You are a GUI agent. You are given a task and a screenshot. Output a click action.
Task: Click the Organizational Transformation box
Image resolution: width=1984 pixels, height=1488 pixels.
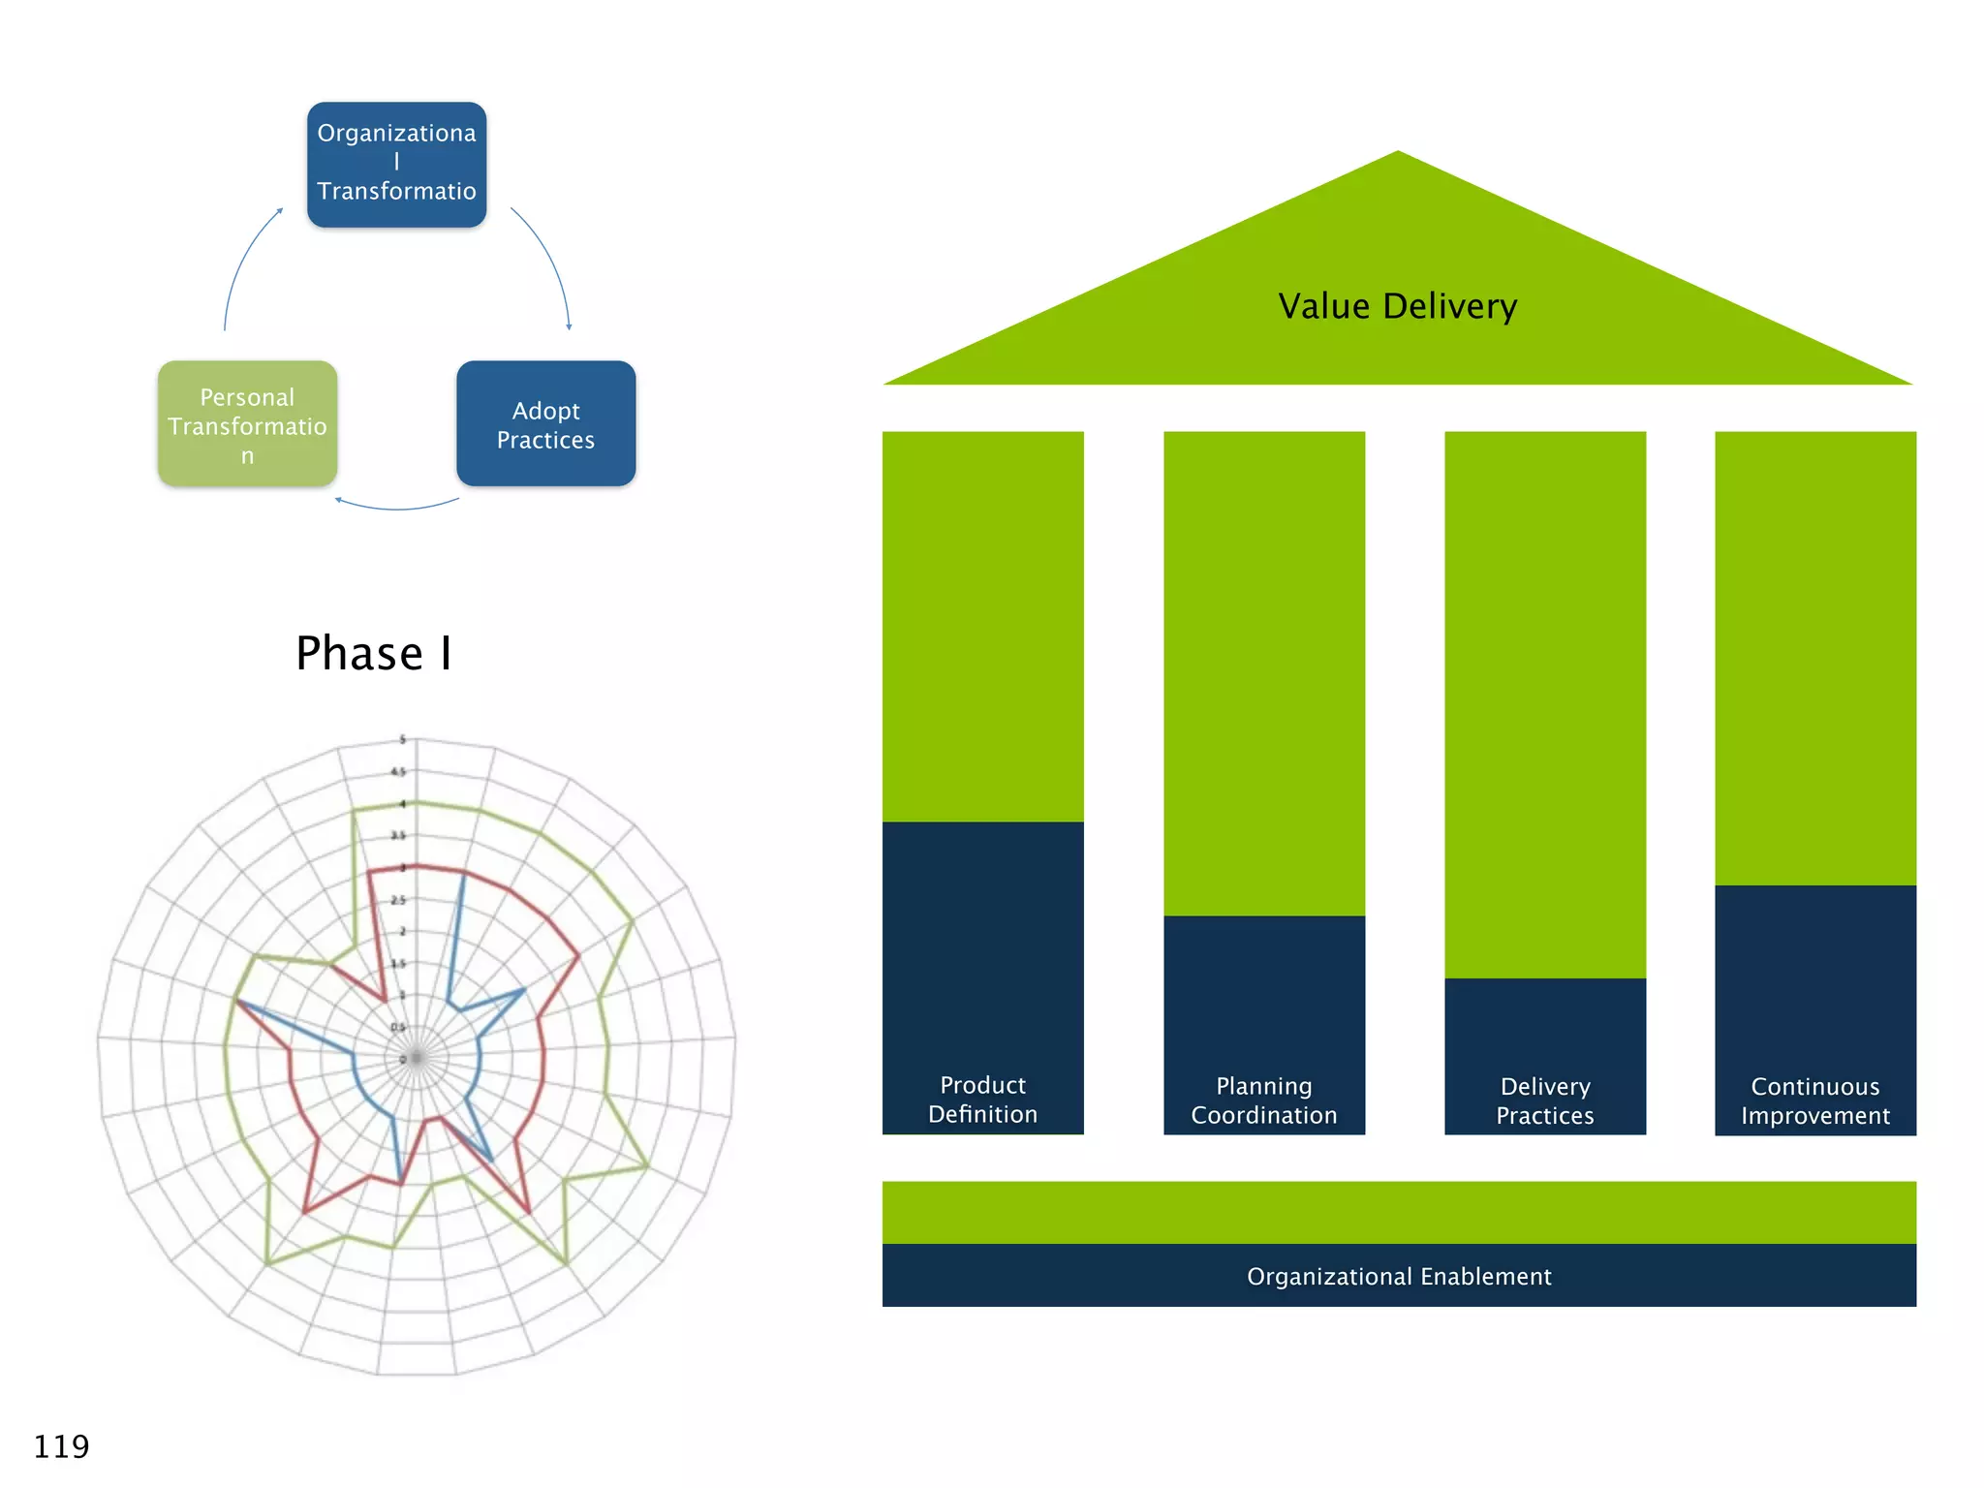(396, 164)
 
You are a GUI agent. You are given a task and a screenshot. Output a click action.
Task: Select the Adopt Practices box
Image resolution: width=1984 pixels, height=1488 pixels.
(545, 424)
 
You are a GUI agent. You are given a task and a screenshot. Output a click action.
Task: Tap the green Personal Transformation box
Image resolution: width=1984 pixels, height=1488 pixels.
(247, 424)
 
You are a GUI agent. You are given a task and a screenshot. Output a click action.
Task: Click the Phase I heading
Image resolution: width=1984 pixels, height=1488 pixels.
(374, 653)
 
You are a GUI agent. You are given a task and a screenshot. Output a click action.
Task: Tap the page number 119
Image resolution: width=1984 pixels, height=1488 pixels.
(61, 1446)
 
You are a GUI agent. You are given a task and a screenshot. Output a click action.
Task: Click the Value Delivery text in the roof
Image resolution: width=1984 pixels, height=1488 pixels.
(1397, 306)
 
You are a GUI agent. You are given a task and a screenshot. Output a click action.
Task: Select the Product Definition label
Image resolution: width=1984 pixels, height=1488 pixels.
(982, 1100)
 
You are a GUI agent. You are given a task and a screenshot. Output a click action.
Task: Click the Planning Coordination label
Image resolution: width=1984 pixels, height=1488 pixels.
(1263, 1100)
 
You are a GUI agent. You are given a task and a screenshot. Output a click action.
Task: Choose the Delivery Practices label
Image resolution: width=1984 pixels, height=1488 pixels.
(1544, 1101)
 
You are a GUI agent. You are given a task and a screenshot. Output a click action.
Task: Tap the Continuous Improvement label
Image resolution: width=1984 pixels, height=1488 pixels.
(1814, 1101)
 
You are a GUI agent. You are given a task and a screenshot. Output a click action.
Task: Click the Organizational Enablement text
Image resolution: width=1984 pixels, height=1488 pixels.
(1398, 1277)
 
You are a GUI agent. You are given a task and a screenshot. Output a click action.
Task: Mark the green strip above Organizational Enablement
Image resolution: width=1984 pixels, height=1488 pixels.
(1398, 1212)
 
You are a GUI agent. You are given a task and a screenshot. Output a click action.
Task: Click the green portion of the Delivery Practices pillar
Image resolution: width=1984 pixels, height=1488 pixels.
(1544, 704)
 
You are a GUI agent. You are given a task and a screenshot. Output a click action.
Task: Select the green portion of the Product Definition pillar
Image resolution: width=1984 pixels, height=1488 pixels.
(982, 626)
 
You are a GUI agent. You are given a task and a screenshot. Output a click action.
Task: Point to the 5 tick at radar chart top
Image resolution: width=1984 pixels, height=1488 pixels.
(403, 740)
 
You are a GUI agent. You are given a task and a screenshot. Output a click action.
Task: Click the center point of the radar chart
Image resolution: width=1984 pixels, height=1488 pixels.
(417, 1058)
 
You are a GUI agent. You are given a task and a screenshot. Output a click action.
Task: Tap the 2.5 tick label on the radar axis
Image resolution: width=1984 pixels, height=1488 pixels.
(397, 900)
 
